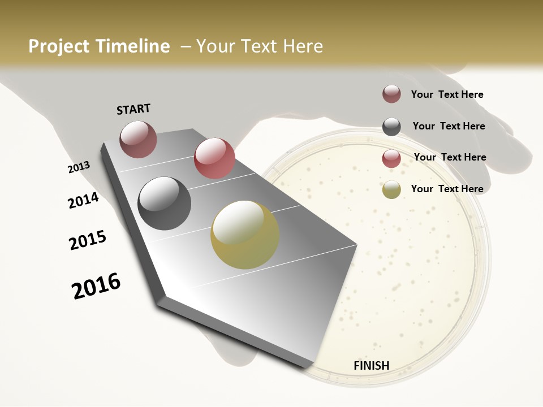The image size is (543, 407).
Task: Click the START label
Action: (133, 109)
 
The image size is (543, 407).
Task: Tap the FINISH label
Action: (371, 365)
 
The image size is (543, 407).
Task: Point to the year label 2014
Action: (83, 200)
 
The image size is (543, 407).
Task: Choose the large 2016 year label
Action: (96, 285)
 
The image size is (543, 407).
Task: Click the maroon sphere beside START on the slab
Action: (138, 139)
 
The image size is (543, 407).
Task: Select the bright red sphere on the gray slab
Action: (214, 158)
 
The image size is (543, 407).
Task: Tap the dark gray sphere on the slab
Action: (165, 203)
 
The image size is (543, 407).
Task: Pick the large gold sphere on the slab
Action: (245, 235)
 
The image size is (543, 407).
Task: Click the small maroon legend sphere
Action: (391, 94)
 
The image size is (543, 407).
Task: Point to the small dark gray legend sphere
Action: (391, 127)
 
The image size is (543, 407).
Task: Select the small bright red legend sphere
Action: (391, 158)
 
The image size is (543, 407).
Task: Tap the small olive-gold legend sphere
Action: (391, 189)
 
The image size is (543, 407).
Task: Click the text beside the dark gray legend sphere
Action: (449, 126)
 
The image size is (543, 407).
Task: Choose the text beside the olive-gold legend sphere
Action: (447, 189)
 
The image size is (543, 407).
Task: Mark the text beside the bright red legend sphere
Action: (450, 157)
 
